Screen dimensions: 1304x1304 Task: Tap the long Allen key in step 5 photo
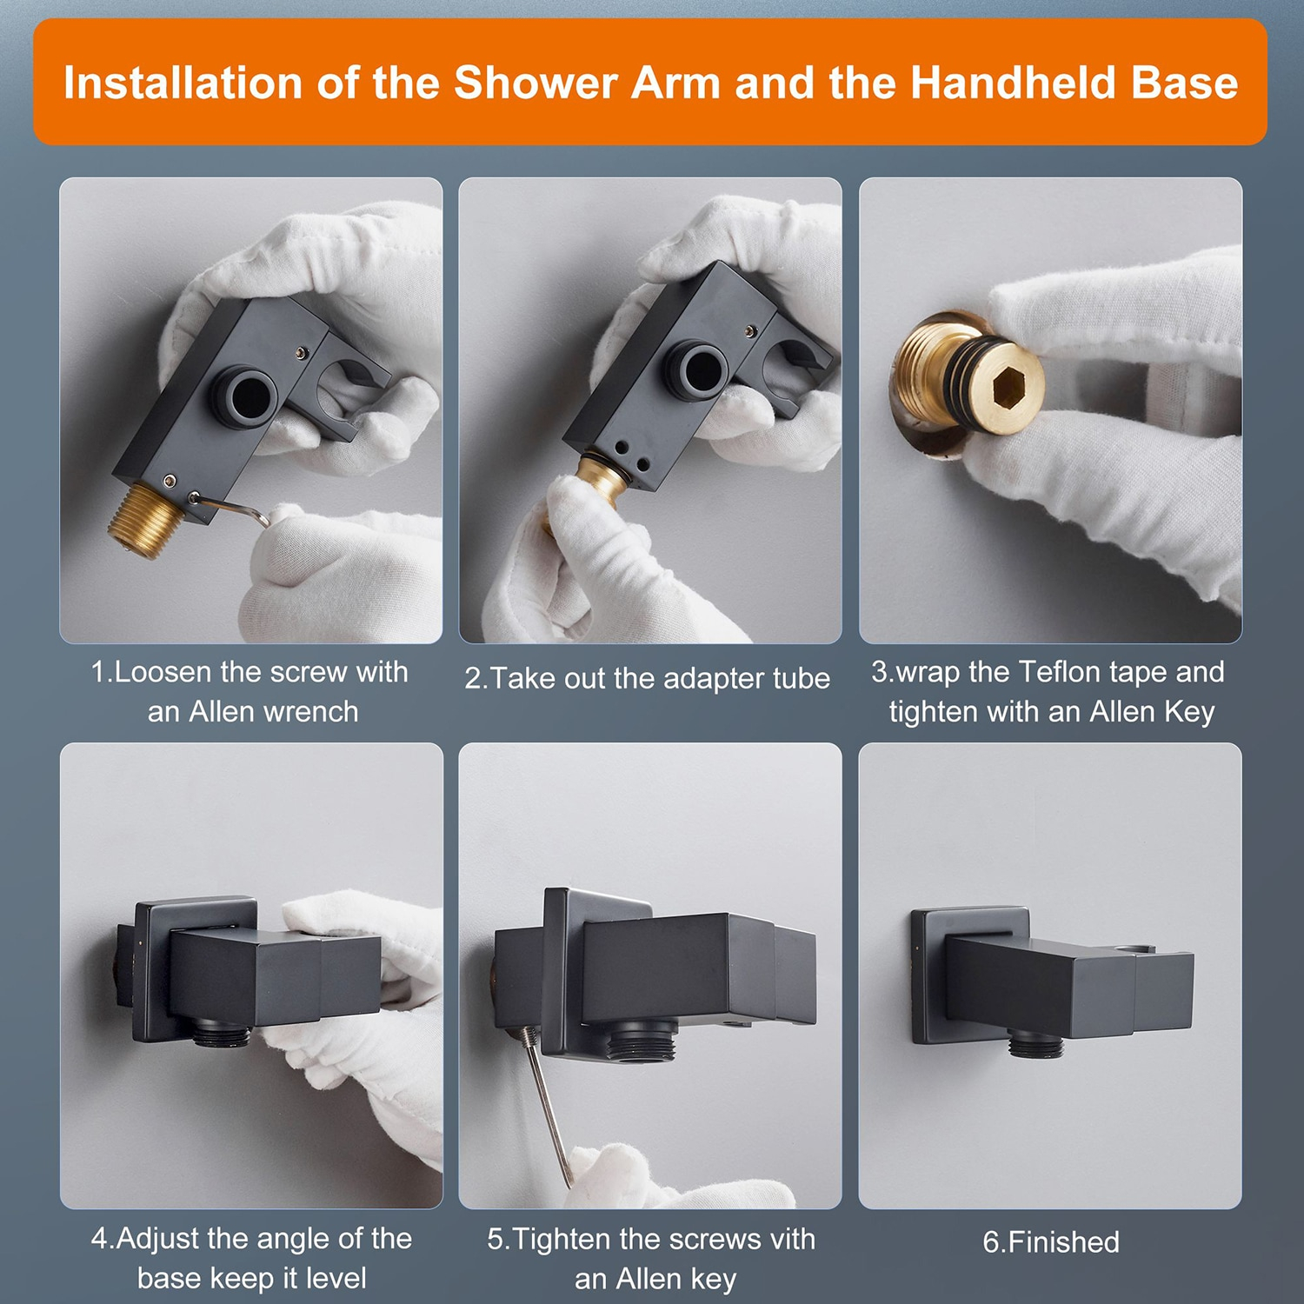coord(546,1104)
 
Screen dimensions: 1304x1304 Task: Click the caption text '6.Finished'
coord(1050,1241)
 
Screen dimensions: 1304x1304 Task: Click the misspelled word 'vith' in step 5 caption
coord(788,1239)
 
